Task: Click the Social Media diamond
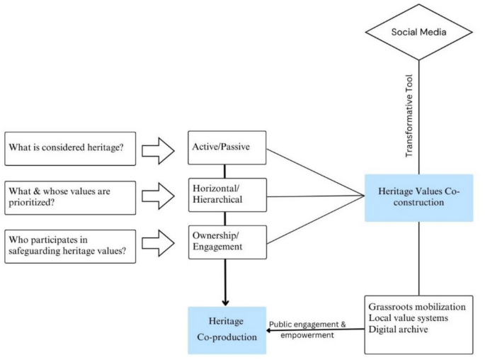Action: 418,33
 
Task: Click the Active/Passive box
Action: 227,147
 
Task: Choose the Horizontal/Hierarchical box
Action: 227,195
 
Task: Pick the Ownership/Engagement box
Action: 227,242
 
